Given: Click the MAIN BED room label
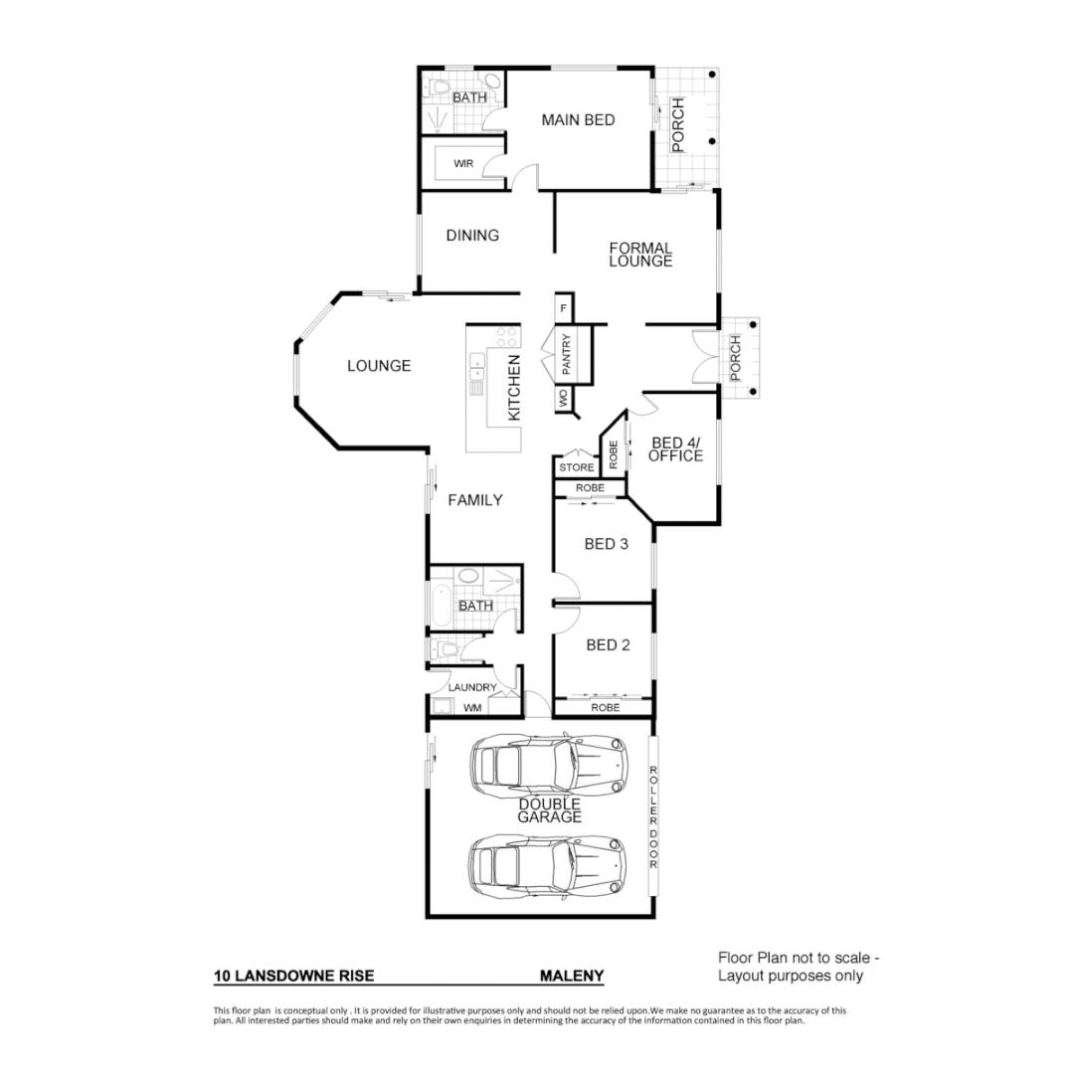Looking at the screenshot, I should coord(578,120).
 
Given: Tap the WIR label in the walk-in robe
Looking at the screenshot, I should coord(463,162).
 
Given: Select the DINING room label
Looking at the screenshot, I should coord(472,236).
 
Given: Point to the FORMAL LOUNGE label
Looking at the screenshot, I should coord(640,255).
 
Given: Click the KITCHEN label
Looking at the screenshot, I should coord(514,388).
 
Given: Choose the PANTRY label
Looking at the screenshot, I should coord(565,355).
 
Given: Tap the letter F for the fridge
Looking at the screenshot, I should coord(563,308).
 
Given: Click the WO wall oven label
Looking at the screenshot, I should coord(562,399).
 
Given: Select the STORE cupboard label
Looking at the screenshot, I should coord(576,466).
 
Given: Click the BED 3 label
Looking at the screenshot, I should coord(607,544).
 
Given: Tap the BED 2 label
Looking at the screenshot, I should coord(608,644).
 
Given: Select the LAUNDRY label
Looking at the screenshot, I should coord(472,687).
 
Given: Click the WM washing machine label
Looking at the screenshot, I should coord(472,708).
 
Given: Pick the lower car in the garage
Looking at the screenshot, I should coord(549,863).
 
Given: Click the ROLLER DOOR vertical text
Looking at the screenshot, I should coord(653,817).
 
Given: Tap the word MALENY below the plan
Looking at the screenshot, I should coord(572,977).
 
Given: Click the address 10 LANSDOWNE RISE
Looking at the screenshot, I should coord(294,977).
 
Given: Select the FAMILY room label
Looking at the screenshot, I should coord(475,500).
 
